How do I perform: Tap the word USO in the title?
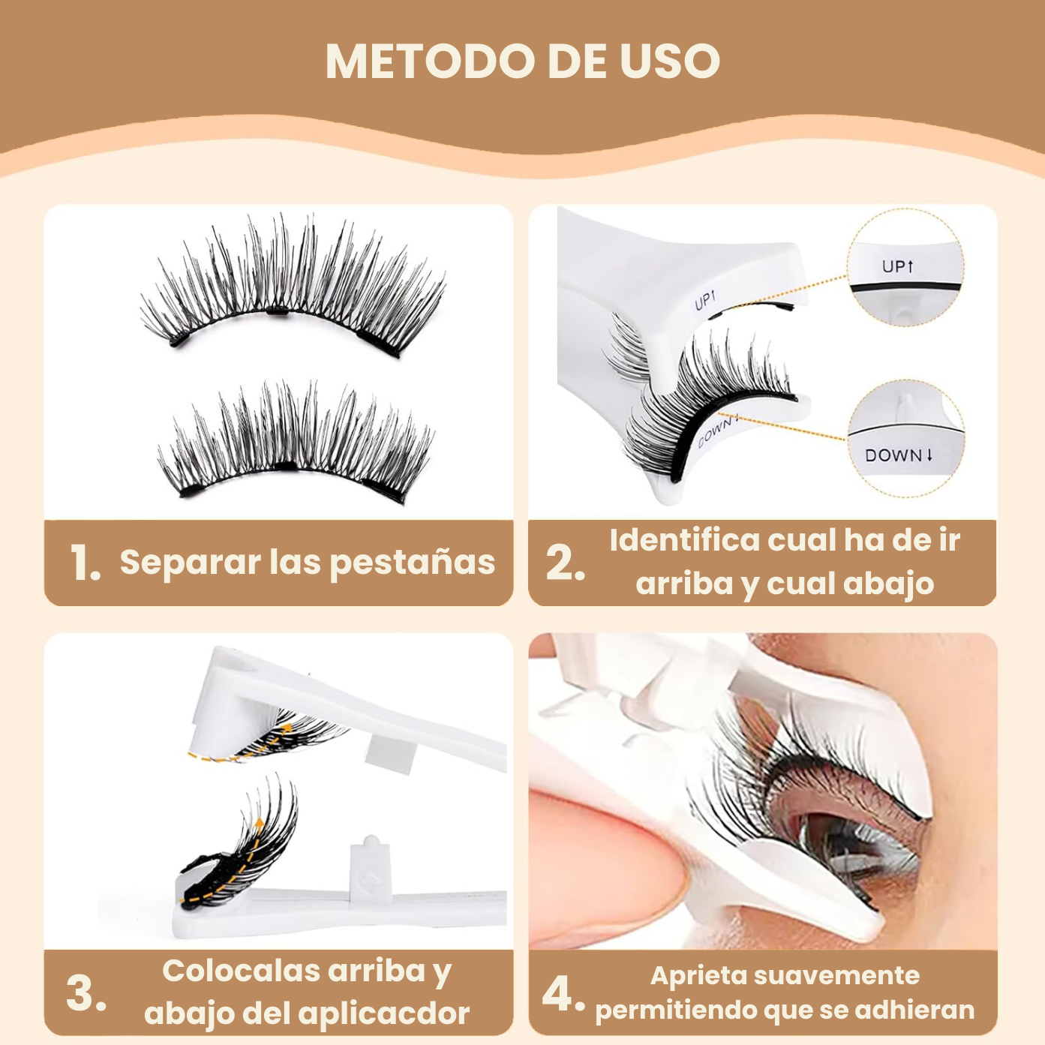click(669, 61)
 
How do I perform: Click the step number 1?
click(84, 563)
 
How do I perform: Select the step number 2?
click(564, 563)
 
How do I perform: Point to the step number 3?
click(86, 994)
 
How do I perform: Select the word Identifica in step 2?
click(684, 540)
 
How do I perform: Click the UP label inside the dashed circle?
click(897, 266)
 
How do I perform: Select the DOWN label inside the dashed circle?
click(898, 455)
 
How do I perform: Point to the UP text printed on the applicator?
click(704, 301)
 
